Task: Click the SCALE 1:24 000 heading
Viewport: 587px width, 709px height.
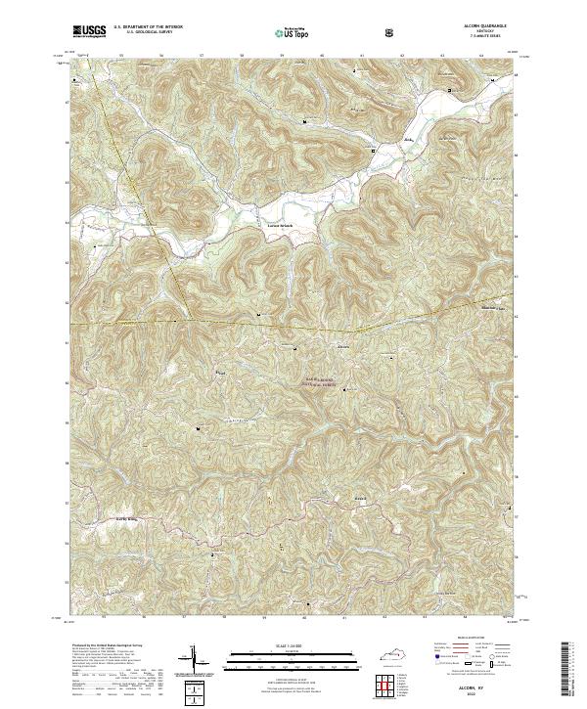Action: [x=293, y=643]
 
